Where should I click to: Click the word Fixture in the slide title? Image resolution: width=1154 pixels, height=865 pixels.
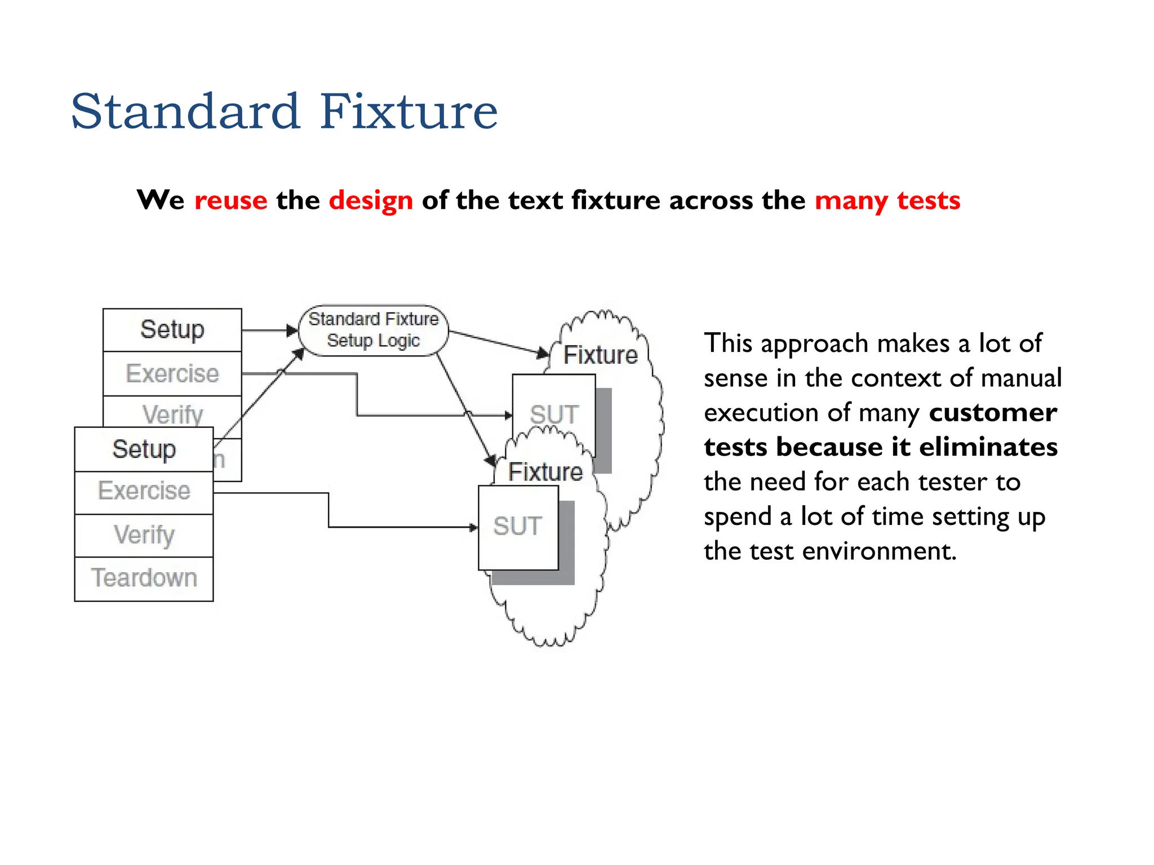coord(409,112)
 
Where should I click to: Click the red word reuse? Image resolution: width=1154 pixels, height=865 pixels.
coord(230,200)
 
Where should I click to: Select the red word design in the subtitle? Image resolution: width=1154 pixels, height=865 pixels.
coord(371,200)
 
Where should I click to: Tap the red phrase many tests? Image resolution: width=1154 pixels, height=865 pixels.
coord(887,200)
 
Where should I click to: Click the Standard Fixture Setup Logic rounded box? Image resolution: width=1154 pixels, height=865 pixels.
coord(373,331)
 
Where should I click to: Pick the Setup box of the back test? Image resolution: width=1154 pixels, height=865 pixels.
coord(172,329)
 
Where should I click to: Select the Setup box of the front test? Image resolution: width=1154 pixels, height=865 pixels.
coord(144,449)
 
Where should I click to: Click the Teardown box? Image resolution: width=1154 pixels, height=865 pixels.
coord(144,578)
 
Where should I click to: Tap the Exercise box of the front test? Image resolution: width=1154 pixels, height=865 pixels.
coord(144,492)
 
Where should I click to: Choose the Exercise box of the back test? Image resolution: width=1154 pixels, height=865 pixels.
coord(172,374)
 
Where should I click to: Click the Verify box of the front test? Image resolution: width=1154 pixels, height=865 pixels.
coord(144,535)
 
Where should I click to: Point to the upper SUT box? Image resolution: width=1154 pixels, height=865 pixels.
coord(554,415)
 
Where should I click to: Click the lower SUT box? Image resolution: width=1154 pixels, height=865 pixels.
coord(518,527)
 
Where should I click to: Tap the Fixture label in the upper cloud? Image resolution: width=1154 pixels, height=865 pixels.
coord(601,355)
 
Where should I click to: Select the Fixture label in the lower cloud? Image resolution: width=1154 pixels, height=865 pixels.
coord(545,472)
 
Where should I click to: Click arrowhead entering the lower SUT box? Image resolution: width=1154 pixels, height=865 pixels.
coord(474,528)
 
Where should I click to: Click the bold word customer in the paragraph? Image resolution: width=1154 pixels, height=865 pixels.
coord(993,413)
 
